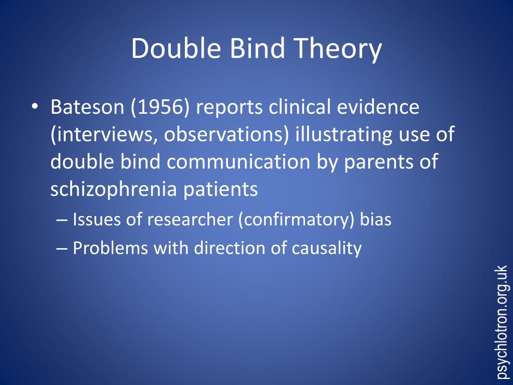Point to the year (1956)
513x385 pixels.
coord(160,107)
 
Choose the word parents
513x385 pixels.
coord(384,163)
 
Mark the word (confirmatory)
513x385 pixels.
coord(297,220)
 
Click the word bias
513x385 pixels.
coord(376,219)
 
